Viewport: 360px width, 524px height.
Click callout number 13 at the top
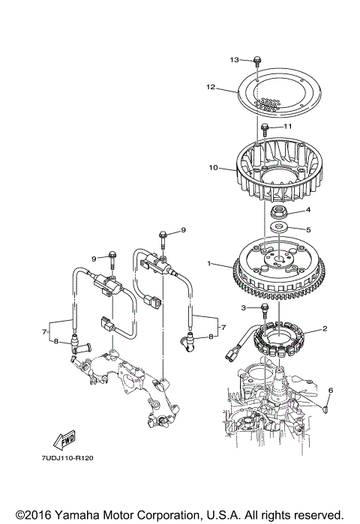[x=234, y=59]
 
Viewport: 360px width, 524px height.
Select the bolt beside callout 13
[x=257, y=63]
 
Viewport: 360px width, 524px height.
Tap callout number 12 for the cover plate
[x=211, y=87]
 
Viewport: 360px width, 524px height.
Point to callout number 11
[x=288, y=126]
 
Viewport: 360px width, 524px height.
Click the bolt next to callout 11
[x=265, y=130]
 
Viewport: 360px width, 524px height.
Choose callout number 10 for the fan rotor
[x=213, y=167]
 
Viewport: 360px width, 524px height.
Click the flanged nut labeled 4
[x=279, y=212]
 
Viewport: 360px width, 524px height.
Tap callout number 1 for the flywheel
[x=209, y=264]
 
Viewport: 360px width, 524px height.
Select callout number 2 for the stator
[x=325, y=328]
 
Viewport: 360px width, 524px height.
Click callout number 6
[x=331, y=390]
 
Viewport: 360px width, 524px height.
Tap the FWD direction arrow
[x=64, y=440]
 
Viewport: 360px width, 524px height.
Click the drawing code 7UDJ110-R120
[x=67, y=458]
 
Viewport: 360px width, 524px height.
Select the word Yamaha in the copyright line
[x=76, y=515]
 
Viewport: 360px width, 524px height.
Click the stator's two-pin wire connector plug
[x=232, y=355]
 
